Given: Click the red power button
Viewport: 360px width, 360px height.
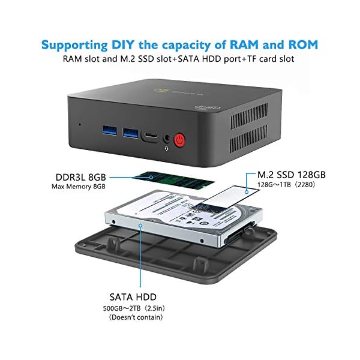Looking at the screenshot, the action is point(180,140).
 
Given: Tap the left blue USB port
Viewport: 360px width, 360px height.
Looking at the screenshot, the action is point(110,130).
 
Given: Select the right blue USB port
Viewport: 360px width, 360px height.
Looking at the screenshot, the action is point(130,133).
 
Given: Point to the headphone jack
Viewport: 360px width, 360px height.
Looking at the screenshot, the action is point(167,139).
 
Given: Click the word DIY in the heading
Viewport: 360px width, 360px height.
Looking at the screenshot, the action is point(122,44).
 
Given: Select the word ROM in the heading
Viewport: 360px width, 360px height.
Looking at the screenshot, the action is point(303,44).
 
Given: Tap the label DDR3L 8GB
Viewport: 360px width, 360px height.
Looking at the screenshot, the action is point(81,177).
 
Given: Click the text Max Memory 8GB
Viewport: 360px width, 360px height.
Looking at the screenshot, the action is point(79,187).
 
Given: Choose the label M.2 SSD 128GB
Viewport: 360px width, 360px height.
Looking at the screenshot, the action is point(292,175).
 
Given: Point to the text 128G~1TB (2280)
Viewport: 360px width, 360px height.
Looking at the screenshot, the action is point(286,185).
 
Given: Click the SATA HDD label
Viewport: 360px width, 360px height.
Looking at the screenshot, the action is point(133,297).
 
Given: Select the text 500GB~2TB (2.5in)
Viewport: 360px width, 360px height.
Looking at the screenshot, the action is point(134,308).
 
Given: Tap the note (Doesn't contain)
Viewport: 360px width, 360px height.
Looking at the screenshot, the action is point(136,317).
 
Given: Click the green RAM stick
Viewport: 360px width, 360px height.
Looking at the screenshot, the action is point(174,181).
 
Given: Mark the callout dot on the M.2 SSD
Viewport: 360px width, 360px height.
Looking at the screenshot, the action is point(247,192).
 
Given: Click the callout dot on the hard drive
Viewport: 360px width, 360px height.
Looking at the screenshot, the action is point(140,226).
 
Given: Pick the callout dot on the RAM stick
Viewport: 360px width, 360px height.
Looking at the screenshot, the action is point(151,177).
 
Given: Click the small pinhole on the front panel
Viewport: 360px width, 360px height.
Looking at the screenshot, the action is point(80,124).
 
